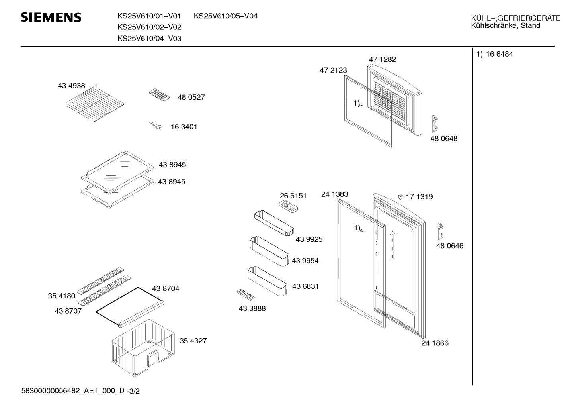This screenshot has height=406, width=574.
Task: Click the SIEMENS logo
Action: [x=51, y=18]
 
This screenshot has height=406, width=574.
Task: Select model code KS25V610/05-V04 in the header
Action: [x=225, y=16]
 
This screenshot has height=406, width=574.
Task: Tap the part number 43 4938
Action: [x=71, y=85]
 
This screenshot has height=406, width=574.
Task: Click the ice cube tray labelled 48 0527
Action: [x=159, y=95]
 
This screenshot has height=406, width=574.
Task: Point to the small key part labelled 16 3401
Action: [x=156, y=126]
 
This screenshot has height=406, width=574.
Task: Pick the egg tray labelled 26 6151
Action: [x=288, y=206]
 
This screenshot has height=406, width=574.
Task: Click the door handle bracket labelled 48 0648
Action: [x=435, y=124]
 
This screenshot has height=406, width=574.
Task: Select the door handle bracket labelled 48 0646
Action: [x=441, y=231]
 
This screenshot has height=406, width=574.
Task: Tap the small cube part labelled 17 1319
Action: [x=401, y=197]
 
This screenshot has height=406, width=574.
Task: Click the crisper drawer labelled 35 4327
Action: [x=143, y=348]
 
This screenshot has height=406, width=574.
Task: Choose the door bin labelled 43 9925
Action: [x=274, y=223]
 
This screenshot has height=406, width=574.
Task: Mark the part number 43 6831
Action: [x=305, y=286]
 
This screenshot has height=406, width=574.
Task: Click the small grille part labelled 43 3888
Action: [x=246, y=295]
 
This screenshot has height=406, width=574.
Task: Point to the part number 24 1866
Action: [x=435, y=343]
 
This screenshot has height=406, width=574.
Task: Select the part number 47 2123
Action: [x=333, y=70]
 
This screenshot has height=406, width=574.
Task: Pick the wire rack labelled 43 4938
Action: [x=95, y=103]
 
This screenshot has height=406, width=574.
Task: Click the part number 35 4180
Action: [x=61, y=296]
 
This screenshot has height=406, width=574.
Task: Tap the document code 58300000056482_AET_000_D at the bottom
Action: [x=73, y=391]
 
